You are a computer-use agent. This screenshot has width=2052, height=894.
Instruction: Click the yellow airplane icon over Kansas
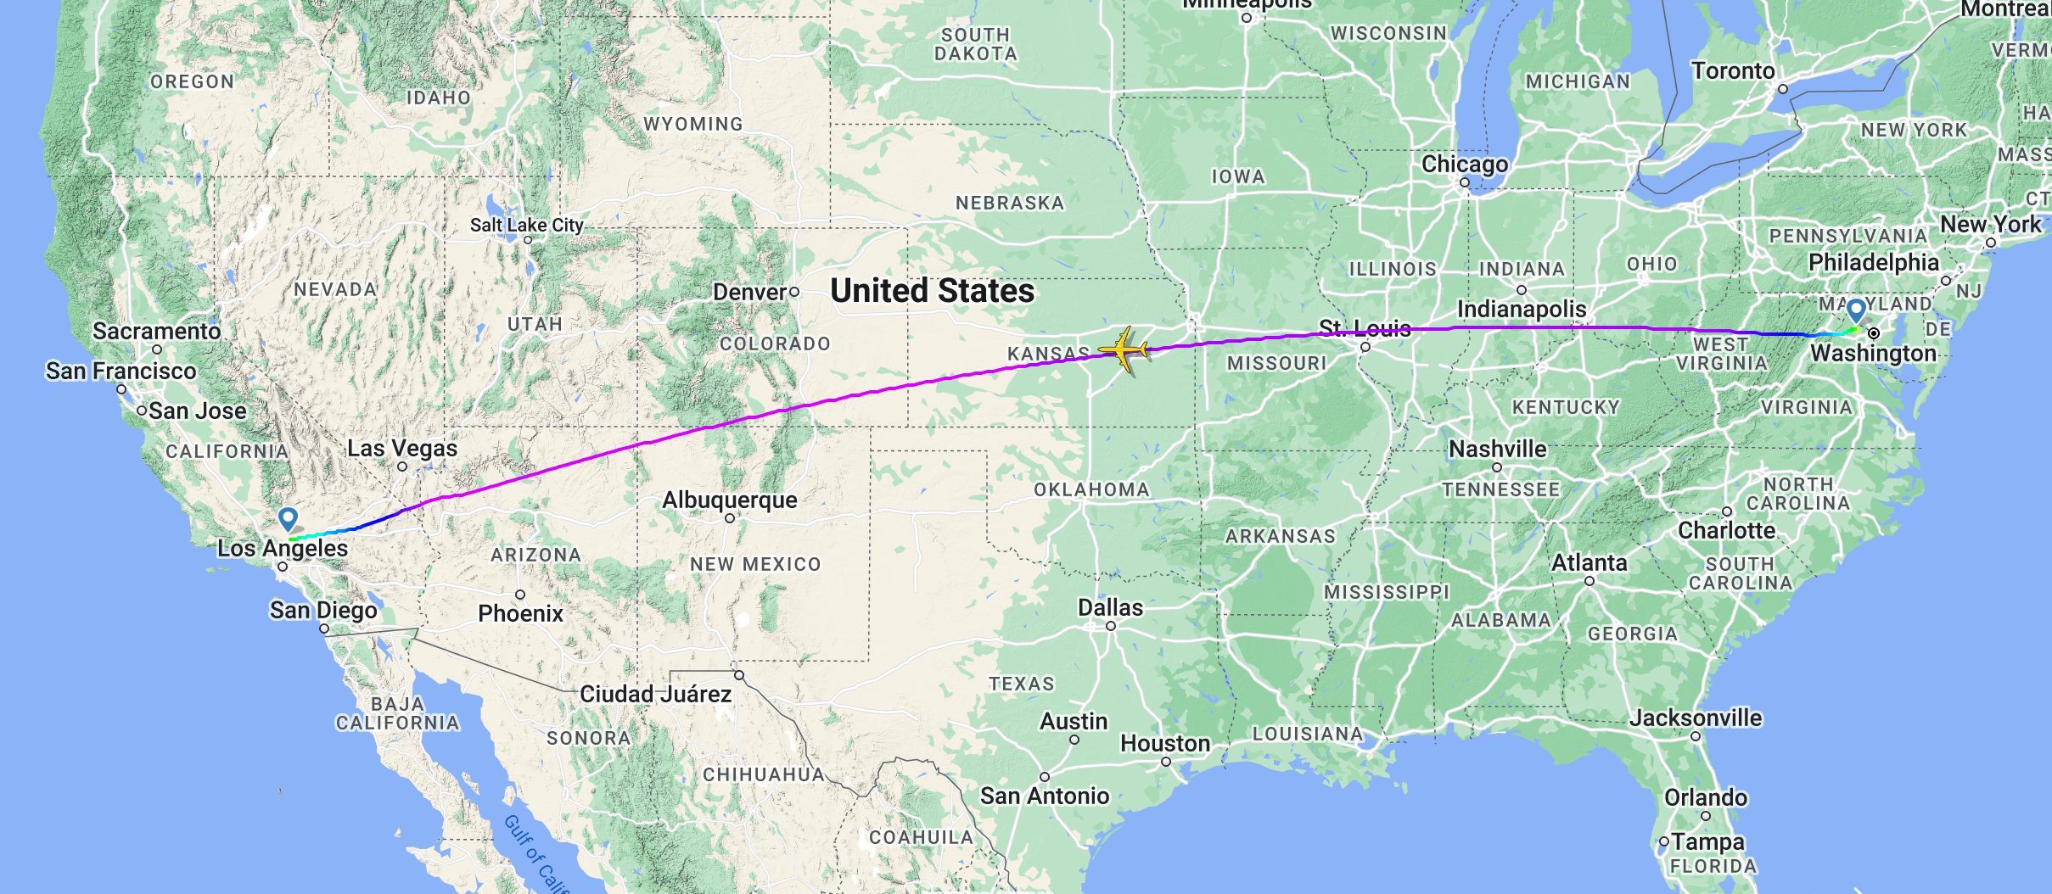[x=1123, y=349]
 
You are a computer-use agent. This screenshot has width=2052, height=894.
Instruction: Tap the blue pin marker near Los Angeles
[x=288, y=517]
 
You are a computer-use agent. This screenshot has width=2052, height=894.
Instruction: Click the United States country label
[x=932, y=291]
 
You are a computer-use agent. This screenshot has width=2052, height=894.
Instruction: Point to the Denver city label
[x=749, y=292]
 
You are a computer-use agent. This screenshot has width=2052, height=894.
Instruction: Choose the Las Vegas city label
[x=401, y=448]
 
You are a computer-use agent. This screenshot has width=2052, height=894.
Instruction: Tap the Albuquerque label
[x=730, y=500]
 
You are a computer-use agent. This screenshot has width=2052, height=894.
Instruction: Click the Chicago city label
[x=1465, y=164]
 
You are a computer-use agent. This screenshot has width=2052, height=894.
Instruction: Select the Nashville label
[x=1497, y=449]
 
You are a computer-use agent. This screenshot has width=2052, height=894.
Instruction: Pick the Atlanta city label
[x=1589, y=562]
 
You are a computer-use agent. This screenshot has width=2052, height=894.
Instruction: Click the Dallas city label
[x=1110, y=607]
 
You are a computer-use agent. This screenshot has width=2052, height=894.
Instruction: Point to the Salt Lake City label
[x=526, y=225]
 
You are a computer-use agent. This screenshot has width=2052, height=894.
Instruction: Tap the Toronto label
[x=1733, y=70]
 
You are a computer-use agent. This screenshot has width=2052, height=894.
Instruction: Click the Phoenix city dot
[x=520, y=595]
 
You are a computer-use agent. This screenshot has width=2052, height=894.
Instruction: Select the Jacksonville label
[x=1695, y=718]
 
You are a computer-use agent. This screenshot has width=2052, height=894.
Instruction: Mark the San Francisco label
[x=121, y=371]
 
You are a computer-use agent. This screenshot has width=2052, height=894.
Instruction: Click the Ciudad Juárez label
[x=655, y=694]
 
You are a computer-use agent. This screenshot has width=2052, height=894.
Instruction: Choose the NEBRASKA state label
[x=1009, y=203]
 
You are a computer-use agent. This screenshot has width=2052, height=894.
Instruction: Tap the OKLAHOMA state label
[x=1090, y=489]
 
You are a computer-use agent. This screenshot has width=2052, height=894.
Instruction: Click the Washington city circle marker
[x=1874, y=333]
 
